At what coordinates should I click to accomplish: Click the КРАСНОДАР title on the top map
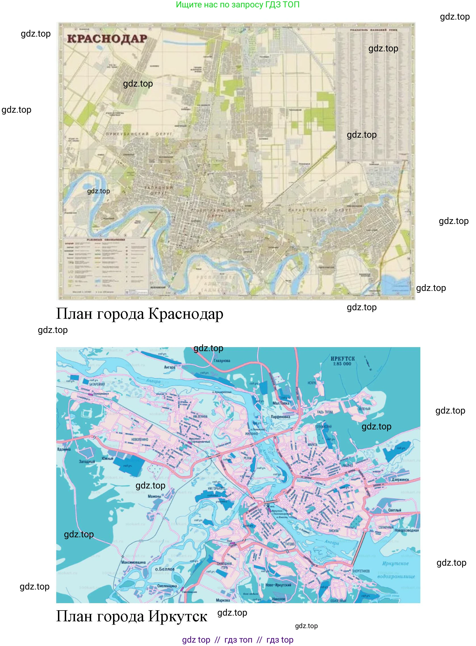[x=107, y=39]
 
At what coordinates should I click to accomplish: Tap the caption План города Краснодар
[x=139, y=314]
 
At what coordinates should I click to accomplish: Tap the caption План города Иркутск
[x=131, y=616]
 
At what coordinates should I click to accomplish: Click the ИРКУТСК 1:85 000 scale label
[x=342, y=361]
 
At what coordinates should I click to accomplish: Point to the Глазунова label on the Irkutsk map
[x=222, y=361]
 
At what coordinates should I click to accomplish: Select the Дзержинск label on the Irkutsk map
[x=400, y=480]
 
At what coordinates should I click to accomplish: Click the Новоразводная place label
[x=406, y=530]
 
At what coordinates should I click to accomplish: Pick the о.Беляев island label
[x=165, y=569]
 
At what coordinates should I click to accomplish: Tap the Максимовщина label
[x=133, y=562]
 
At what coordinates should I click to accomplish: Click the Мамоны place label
[x=154, y=496]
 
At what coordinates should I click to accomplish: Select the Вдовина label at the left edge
[x=64, y=449]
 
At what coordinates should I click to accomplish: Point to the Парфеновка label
[x=280, y=417]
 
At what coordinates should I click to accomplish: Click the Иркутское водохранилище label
[x=396, y=570]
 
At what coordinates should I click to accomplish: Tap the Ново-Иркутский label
[x=278, y=585]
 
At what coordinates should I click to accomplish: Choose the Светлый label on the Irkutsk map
[x=394, y=510]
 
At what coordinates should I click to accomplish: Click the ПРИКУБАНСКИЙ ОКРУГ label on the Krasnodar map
[x=139, y=134]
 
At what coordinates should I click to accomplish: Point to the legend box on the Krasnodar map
[x=106, y=266]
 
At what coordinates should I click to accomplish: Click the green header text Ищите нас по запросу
[x=237, y=5]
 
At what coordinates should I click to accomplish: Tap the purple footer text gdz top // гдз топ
[x=237, y=640]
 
